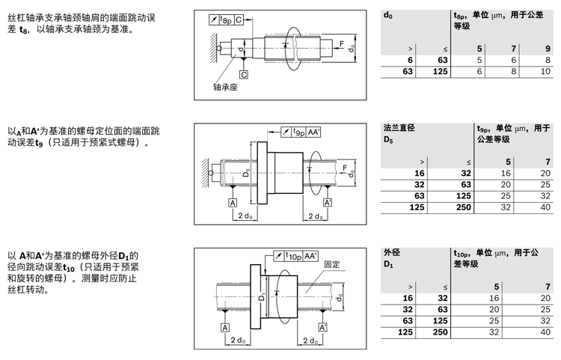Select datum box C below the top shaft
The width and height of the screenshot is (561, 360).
pos(244,75)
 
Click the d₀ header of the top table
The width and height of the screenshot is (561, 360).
pos(387,15)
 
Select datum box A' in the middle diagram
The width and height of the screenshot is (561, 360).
pos(327,203)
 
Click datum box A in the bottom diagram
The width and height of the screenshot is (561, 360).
pos(224,327)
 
